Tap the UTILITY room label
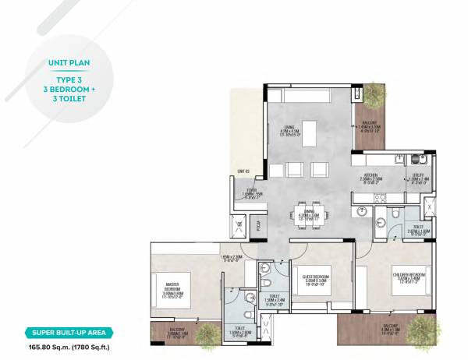click(418, 175)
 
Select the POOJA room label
click(258, 225)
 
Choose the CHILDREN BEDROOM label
click(408, 275)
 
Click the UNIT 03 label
click(243, 171)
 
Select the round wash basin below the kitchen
click(362, 211)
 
